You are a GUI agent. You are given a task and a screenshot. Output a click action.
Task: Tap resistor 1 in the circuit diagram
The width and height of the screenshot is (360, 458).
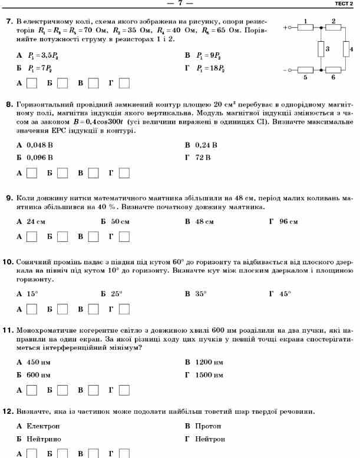[x=305, y=27]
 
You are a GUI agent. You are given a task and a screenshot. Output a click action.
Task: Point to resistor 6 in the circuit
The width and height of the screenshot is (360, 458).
[x=333, y=70]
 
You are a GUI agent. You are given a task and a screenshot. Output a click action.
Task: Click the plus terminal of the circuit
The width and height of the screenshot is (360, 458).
[x=287, y=28]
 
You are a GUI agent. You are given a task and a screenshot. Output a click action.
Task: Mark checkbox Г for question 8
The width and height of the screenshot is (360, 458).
[x=124, y=173]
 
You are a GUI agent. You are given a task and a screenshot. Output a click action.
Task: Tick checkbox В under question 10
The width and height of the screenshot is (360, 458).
[x=94, y=308]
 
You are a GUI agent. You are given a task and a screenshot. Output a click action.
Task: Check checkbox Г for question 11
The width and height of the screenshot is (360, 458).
[x=124, y=390]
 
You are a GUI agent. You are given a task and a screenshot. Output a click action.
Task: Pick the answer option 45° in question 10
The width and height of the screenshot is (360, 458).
[x=285, y=293]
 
